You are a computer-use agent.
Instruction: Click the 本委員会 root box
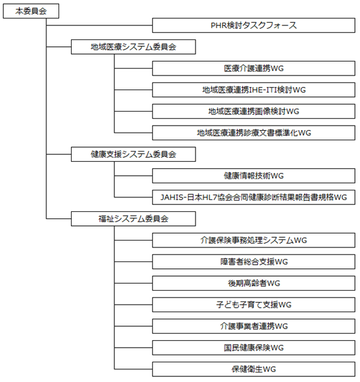point(31,11)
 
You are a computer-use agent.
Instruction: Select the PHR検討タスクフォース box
point(254,25)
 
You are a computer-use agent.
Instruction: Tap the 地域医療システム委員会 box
point(133,47)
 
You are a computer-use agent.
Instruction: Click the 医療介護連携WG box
point(254,69)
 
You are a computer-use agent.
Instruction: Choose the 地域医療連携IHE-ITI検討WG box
point(254,90)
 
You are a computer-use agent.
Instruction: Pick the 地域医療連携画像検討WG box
point(254,111)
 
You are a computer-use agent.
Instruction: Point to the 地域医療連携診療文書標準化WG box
point(254,133)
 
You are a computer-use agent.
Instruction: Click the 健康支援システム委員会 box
point(133,154)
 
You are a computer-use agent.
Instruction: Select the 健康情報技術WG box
point(254,176)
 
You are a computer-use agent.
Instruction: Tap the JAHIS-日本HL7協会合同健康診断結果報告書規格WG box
point(254,197)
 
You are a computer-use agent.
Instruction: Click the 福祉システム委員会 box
point(133,219)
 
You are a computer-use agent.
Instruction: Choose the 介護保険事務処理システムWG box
point(254,240)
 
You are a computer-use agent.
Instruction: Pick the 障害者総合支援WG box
point(254,261)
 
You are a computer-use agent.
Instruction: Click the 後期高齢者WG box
point(254,283)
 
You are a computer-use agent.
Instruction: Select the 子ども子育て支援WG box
point(254,305)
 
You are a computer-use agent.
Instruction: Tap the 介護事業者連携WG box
point(254,326)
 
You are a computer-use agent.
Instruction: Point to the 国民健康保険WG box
point(254,348)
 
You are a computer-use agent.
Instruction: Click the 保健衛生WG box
point(254,369)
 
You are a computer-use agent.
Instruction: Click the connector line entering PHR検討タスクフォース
point(100,25)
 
